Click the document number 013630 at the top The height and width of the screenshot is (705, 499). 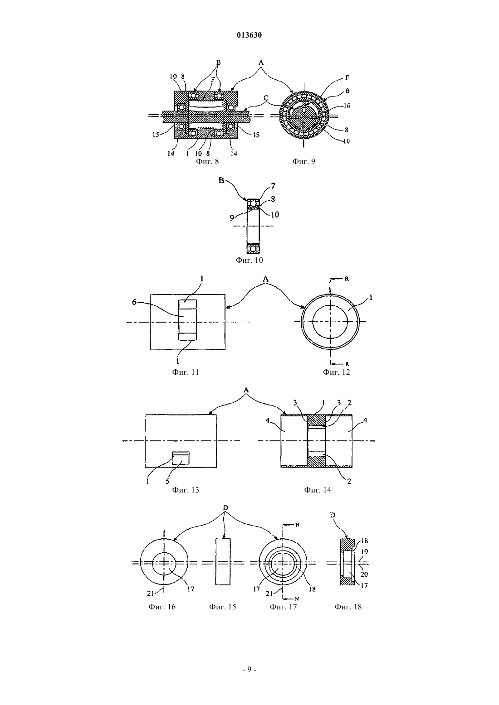[x=249, y=35]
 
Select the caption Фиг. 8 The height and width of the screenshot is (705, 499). [x=207, y=161]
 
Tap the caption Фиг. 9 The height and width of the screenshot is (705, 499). [x=303, y=161]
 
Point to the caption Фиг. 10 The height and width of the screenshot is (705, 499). [x=249, y=260]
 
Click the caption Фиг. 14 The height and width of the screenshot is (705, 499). [x=318, y=490]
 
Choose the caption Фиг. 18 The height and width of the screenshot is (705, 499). [x=348, y=607]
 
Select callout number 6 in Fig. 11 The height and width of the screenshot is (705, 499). [x=134, y=302]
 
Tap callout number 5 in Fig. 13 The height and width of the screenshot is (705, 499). [x=167, y=481]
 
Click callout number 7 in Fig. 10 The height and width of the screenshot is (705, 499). [x=273, y=186]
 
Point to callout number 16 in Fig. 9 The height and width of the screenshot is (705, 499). [x=347, y=106]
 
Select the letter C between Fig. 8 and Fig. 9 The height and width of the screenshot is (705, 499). [x=266, y=98]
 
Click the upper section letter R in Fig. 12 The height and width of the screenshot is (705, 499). [x=347, y=279]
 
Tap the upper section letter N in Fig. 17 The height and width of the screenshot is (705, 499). [x=297, y=525]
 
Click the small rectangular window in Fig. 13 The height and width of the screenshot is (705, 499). [x=181, y=458]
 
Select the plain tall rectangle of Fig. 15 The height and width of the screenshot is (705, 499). [x=223, y=562]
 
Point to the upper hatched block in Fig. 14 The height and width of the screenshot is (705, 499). [x=316, y=420]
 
